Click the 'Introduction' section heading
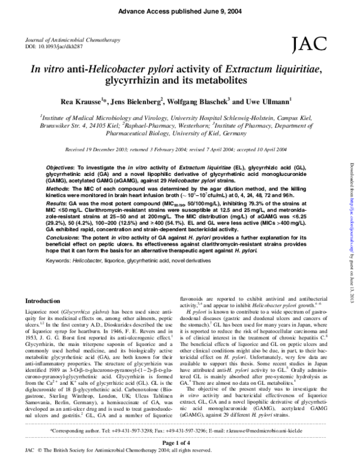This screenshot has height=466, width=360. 46,300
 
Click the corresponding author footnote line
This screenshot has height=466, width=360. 180,431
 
